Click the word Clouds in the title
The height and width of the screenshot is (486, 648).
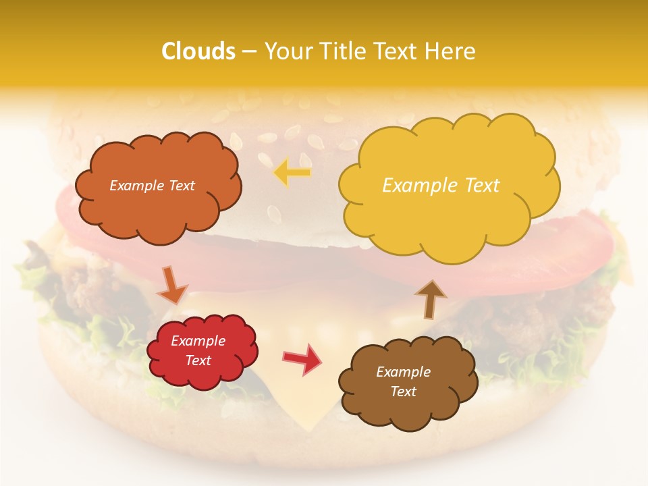click(198, 51)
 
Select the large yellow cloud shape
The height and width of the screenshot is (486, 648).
click(449, 216)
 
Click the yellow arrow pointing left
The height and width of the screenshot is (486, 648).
click(292, 173)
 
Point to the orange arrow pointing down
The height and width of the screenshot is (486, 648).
click(172, 286)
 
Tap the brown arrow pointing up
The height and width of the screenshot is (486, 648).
click(431, 299)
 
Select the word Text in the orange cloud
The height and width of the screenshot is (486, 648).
click(181, 186)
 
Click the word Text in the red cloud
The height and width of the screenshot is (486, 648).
click(198, 360)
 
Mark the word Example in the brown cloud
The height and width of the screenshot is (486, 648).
click(403, 372)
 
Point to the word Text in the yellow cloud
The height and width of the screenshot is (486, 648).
click(482, 185)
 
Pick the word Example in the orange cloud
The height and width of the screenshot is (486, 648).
click(137, 186)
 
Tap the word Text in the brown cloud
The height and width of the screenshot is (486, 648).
click(403, 391)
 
